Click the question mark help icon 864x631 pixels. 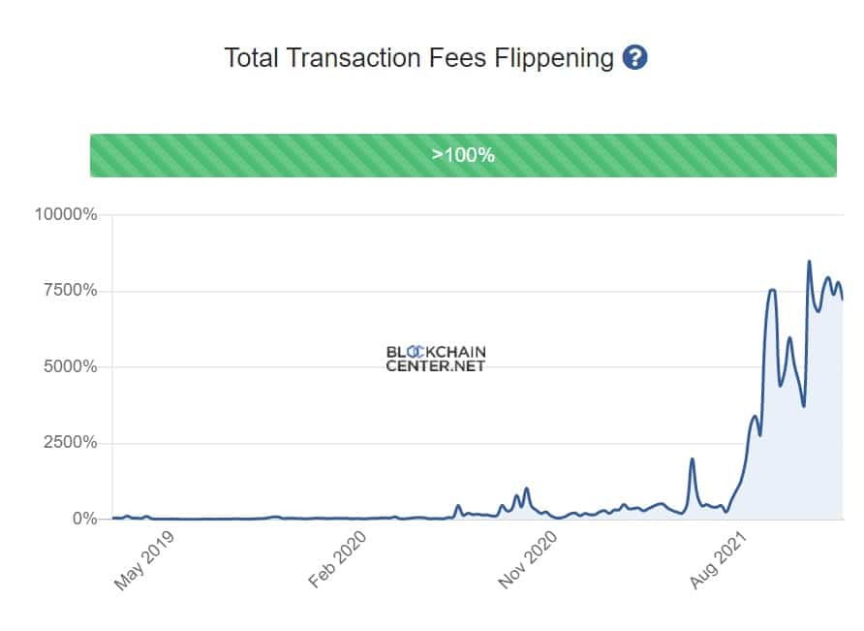coord(635,57)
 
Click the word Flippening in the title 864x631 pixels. coord(554,58)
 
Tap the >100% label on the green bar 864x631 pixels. coord(463,155)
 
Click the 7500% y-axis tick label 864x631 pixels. coord(68,291)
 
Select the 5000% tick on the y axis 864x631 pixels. coord(68,367)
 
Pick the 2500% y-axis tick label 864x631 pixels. coord(68,443)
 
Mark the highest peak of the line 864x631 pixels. coord(809,261)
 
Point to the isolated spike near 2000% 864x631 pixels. coord(692,459)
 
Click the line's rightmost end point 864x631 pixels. coord(842,300)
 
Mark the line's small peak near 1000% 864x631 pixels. coord(526,489)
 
